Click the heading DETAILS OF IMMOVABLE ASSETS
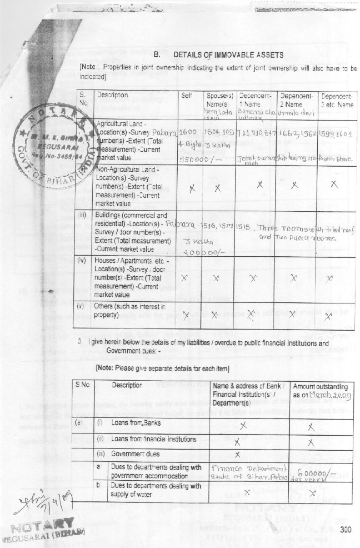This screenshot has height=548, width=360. click(229, 55)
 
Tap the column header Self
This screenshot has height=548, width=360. click(187, 95)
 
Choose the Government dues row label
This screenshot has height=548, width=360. click(129, 454)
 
